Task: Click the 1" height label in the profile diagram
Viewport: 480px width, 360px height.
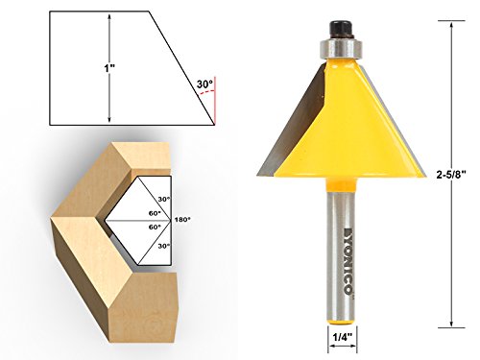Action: (x=109, y=68)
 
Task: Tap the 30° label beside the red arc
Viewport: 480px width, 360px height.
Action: (x=204, y=84)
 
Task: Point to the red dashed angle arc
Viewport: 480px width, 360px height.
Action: (x=206, y=92)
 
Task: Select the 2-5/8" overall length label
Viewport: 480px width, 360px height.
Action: (x=451, y=175)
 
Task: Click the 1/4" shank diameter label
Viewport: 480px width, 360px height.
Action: (x=343, y=337)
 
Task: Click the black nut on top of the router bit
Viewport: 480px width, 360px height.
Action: (x=341, y=30)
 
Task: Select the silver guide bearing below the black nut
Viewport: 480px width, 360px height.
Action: (x=341, y=48)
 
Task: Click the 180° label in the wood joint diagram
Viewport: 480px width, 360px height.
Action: (x=182, y=220)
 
